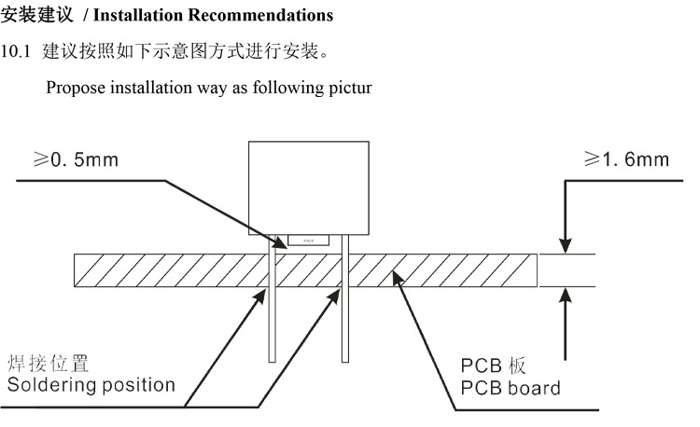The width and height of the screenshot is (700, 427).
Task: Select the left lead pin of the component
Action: [272, 317]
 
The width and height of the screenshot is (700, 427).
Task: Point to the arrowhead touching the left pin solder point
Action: [263, 292]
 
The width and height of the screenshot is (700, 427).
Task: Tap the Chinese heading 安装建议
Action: [31, 16]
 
